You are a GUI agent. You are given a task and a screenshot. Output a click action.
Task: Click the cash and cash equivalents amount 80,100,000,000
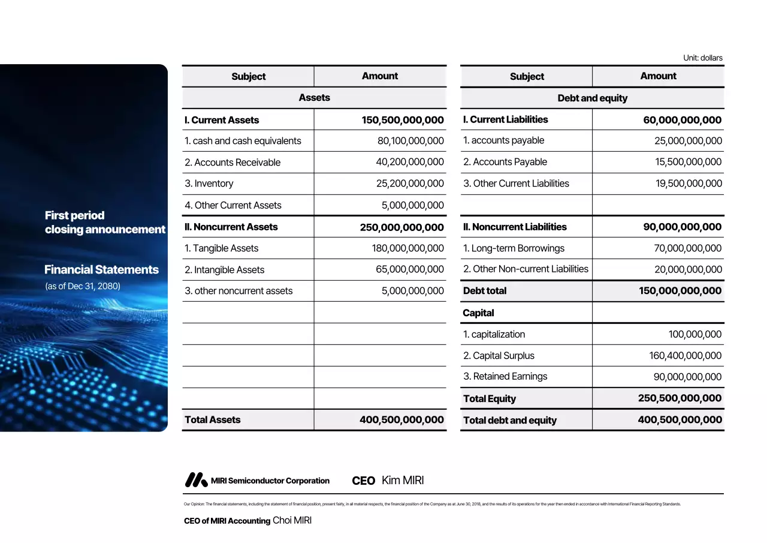click(410, 141)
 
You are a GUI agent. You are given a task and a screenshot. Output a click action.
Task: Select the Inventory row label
click(209, 184)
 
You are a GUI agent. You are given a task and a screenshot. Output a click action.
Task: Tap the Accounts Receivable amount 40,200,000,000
click(410, 162)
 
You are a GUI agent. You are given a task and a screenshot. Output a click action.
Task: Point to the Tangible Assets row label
click(222, 248)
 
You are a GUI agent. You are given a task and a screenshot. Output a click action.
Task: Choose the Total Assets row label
click(213, 420)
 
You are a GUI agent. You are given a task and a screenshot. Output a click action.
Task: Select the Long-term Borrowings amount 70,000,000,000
click(688, 248)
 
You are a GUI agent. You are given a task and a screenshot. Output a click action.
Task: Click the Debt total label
click(485, 291)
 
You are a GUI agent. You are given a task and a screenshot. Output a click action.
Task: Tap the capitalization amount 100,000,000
click(695, 335)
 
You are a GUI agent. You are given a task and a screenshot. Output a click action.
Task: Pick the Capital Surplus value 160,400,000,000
click(686, 356)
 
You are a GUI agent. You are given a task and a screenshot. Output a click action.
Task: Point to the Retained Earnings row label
click(505, 377)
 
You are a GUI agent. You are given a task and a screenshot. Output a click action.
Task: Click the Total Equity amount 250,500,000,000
click(680, 398)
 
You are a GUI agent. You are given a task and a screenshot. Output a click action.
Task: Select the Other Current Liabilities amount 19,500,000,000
click(689, 184)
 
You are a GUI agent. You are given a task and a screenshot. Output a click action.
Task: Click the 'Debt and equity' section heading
click(592, 98)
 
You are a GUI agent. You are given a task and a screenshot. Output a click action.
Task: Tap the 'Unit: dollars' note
click(703, 58)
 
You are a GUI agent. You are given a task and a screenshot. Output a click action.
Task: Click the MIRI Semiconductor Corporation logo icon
click(196, 480)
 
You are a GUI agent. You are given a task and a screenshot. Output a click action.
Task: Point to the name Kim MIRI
click(403, 481)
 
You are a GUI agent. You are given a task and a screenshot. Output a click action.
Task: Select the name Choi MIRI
click(292, 521)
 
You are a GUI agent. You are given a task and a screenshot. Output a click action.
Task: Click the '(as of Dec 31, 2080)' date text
click(83, 286)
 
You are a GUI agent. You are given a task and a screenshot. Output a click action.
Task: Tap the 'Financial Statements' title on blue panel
click(102, 270)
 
